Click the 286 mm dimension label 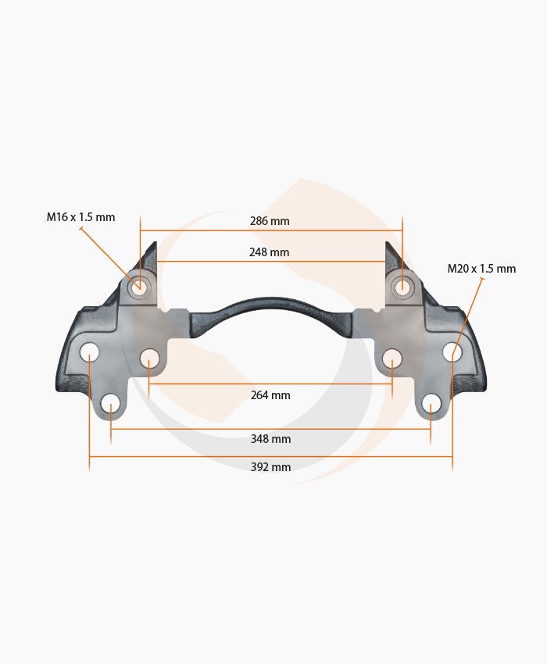pos(270,221)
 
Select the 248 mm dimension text pos(269,252)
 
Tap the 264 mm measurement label pos(270,395)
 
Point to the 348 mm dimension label pos(270,439)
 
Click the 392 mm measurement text pos(270,467)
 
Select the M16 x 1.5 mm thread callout pos(80,217)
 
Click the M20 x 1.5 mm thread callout pos(481,269)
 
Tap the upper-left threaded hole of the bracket pos(139,287)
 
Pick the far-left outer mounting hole pos(89,352)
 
